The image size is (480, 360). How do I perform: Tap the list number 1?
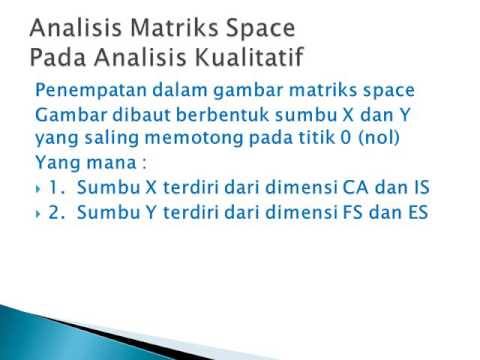click(56, 187)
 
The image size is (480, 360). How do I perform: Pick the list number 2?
click(57, 211)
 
